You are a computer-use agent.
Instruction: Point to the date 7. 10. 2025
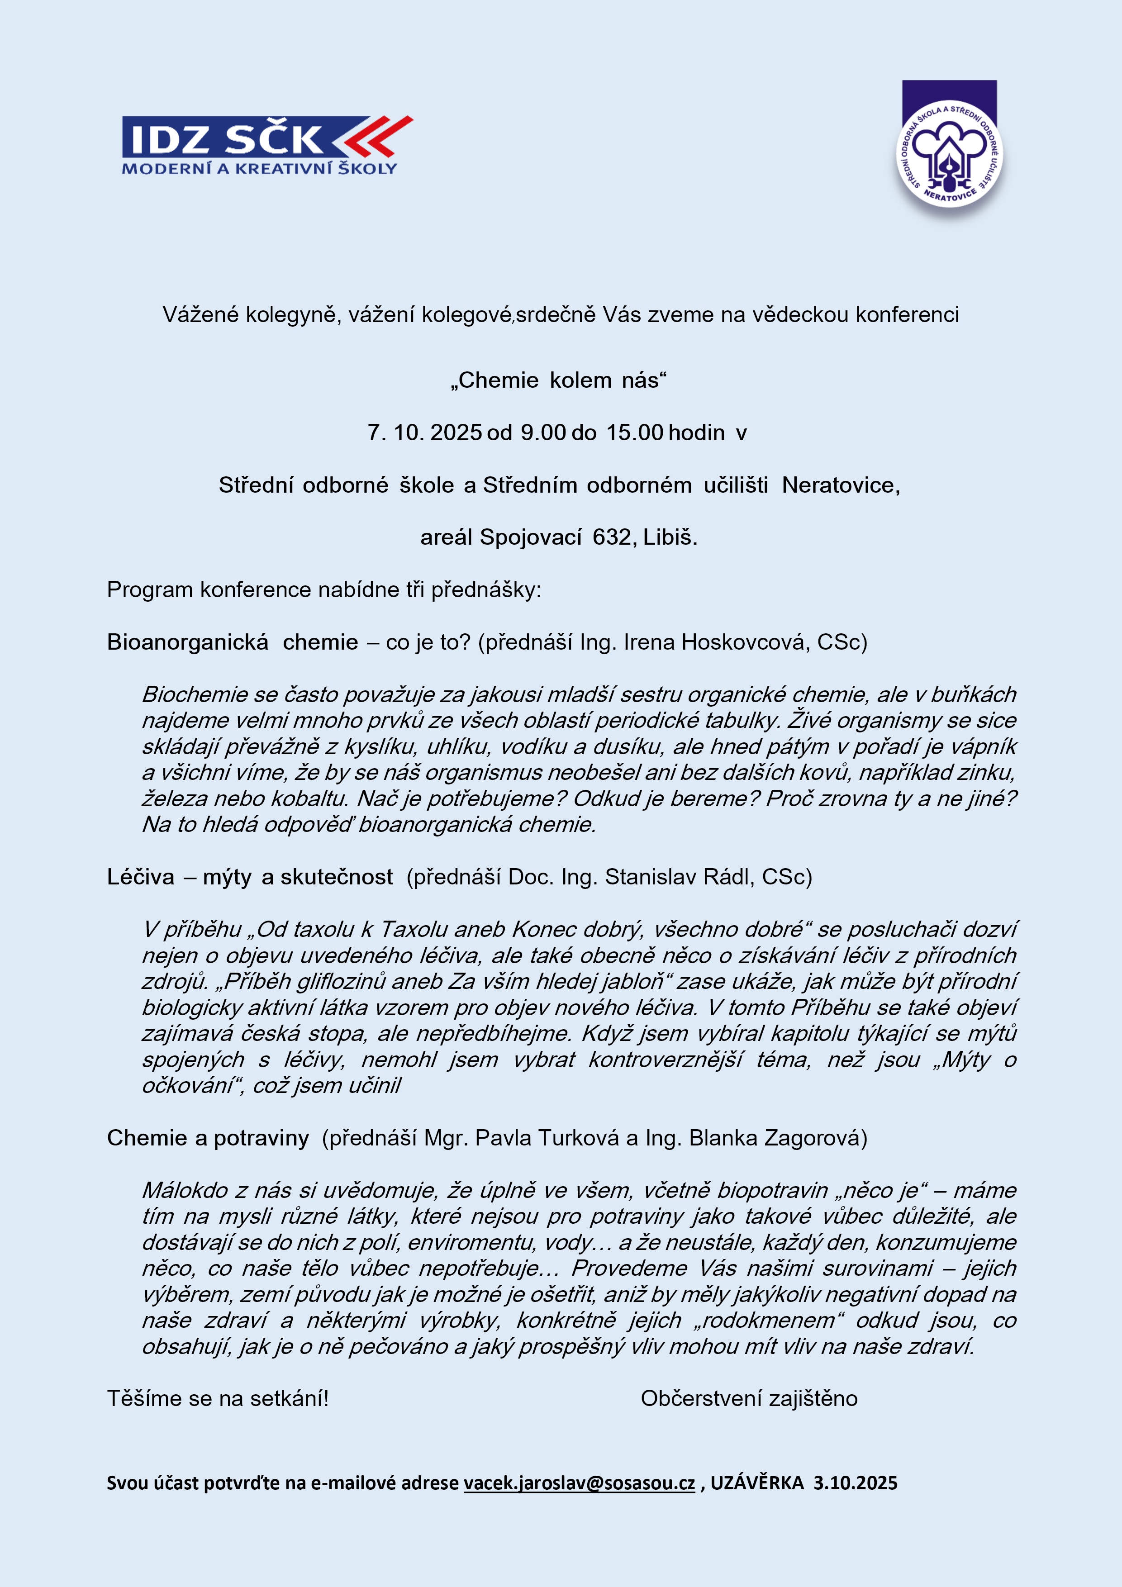[x=424, y=432]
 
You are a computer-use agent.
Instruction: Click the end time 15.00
[x=635, y=432]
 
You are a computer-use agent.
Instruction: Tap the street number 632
[x=612, y=537]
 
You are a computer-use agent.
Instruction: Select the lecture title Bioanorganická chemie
[x=232, y=642]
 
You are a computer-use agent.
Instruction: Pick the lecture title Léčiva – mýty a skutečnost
[x=250, y=876]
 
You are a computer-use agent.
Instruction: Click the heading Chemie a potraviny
[x=207, y=1138]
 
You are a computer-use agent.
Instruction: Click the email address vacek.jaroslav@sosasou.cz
[x=579, y=1482]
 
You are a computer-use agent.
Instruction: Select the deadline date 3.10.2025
[x=855, y=1482]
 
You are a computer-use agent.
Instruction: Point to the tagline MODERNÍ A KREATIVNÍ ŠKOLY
[x=259, y=168]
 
